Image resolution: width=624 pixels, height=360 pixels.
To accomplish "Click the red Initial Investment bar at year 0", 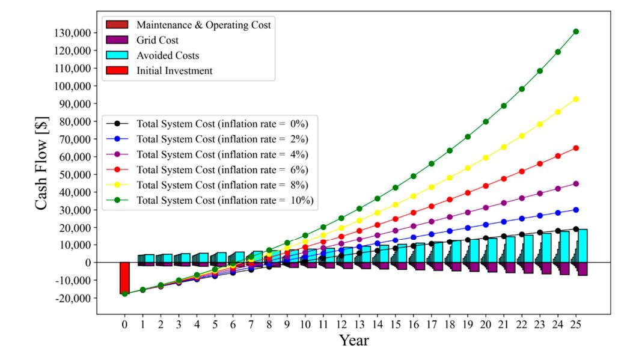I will coord(124,276).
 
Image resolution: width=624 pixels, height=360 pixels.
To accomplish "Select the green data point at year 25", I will coord(576,31).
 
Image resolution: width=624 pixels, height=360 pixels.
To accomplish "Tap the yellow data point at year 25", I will coord(576,99).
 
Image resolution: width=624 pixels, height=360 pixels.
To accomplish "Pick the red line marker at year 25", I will coord(576,148).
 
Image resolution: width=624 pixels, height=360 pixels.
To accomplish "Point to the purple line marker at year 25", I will coord(576,184).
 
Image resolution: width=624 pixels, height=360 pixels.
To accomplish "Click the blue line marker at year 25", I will coord(576,210).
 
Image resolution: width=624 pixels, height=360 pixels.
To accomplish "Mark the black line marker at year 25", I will coord(576,229).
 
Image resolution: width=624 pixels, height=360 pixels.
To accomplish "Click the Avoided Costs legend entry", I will coord(168,55).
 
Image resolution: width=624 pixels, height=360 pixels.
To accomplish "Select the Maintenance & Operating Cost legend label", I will coord(203,25).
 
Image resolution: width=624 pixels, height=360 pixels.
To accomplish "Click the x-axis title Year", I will coord(353,341).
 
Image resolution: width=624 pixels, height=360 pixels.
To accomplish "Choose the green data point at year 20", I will coord(486,121).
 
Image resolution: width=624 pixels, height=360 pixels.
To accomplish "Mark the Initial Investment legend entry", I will coord(173,70).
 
